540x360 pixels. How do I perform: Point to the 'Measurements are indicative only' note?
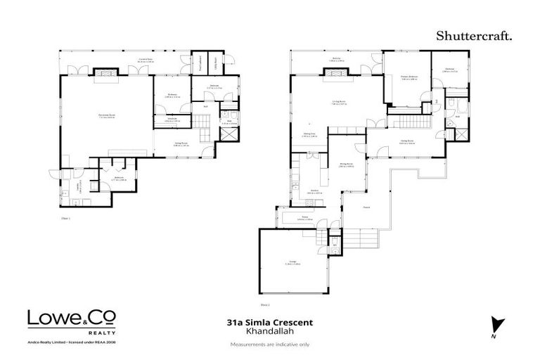coord(270,345)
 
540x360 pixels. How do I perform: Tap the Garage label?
coord(291,264)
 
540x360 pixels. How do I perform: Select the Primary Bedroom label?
coord(409,78)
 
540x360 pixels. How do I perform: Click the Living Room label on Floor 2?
coord(337,102)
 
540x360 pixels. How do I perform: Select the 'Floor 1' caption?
coord(67,219)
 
